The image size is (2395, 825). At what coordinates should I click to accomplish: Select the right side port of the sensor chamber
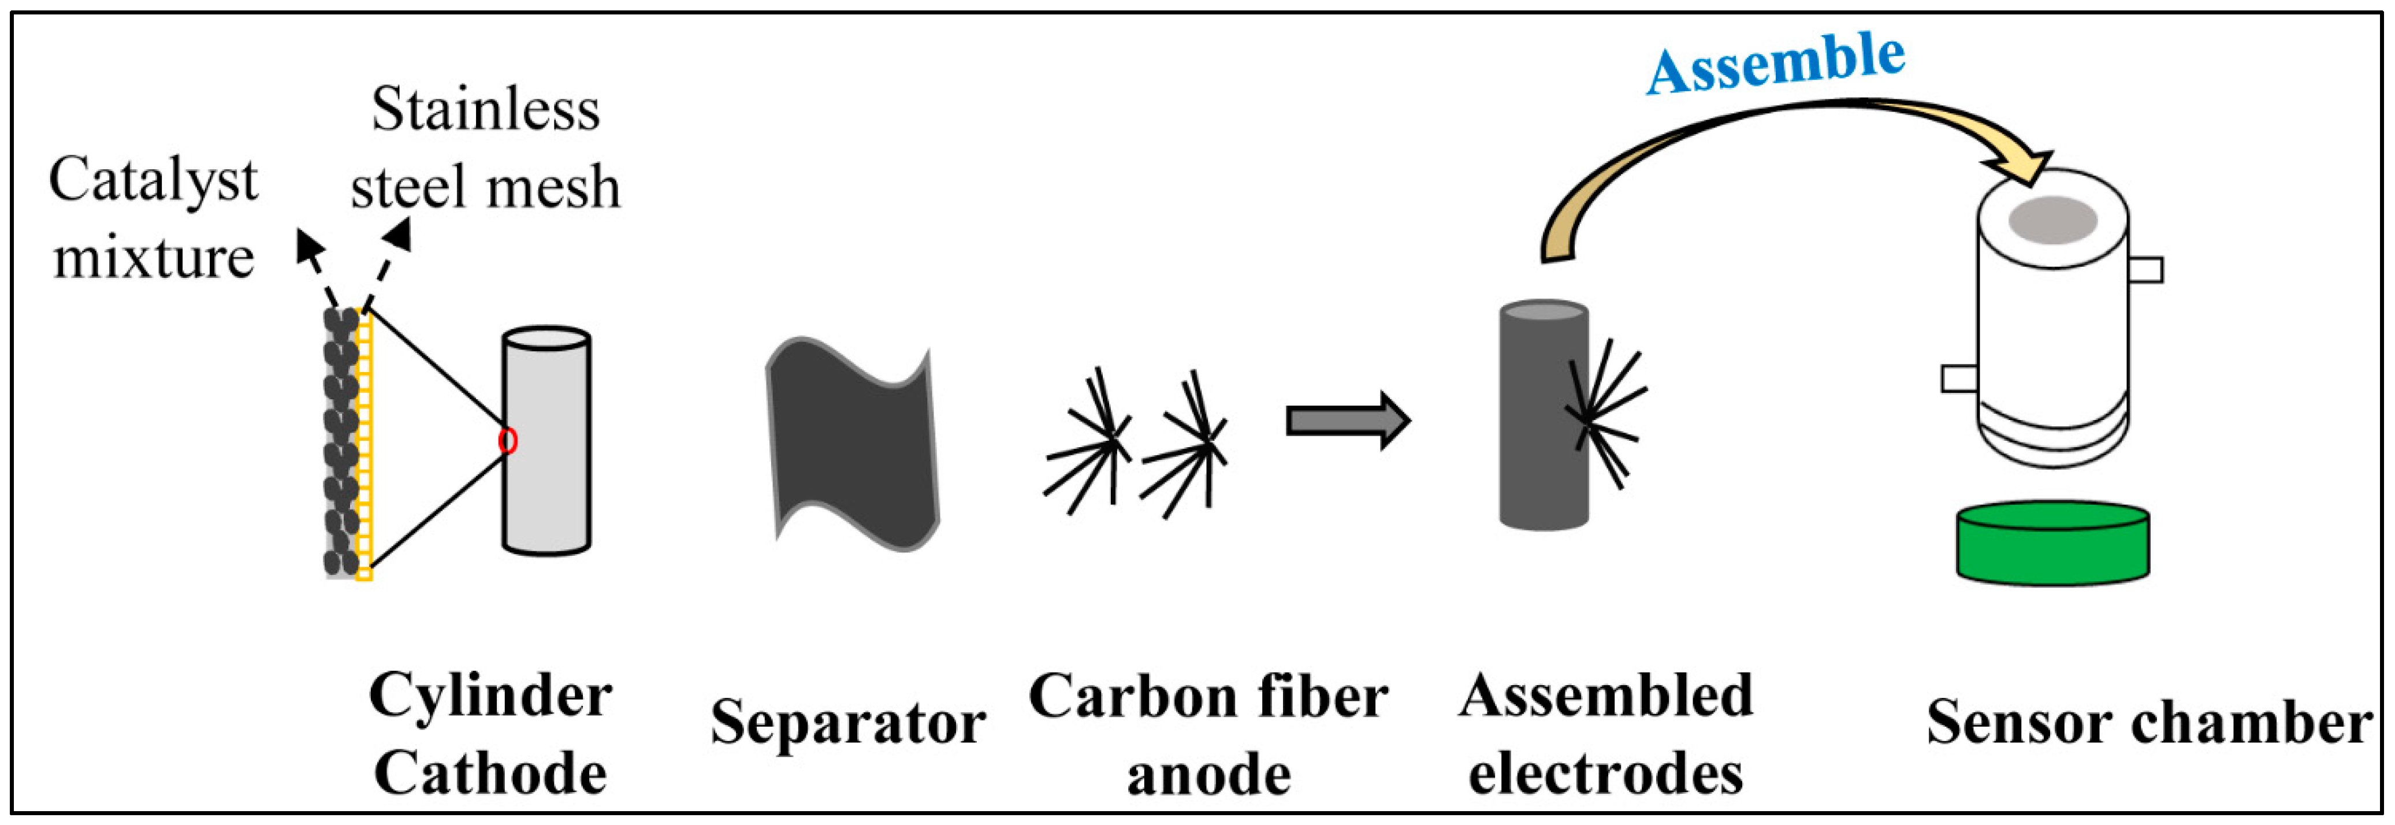pyautogui.click(x=2145, y=270)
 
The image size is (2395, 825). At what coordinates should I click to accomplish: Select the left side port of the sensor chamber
pyautogui.click(x=1959, y=378)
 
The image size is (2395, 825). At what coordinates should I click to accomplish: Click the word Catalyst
pyautogui.click(x=154, y=180)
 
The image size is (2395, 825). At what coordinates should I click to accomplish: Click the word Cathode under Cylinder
pyautogui.click(x=490, y=774)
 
